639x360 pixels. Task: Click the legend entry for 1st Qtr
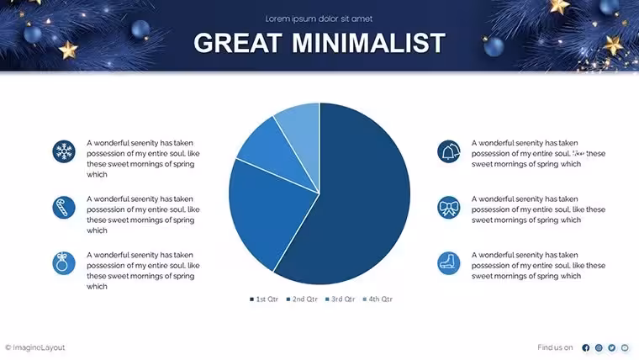pos(264,299)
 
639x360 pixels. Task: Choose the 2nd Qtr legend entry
pos(302,299)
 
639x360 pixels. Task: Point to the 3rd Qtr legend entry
pos(341,299)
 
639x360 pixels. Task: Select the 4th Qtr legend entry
pos(378,299)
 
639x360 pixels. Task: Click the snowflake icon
pos(64,151)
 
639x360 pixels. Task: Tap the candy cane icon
pos(64,207)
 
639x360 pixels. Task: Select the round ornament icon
pos(64,263)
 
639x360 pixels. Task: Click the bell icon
pos(449,151)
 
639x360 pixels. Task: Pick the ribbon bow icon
pos(449,207)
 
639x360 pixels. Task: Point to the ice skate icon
pos(449,263)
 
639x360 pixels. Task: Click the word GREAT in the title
pos(238,43)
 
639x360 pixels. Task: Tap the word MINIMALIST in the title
pos(369,43)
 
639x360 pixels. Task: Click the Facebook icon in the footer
pos(586,347)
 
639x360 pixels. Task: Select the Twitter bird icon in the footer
pos(612,347)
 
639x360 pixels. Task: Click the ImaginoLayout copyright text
pos(35,347)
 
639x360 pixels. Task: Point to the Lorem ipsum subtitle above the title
pos(319,19)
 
